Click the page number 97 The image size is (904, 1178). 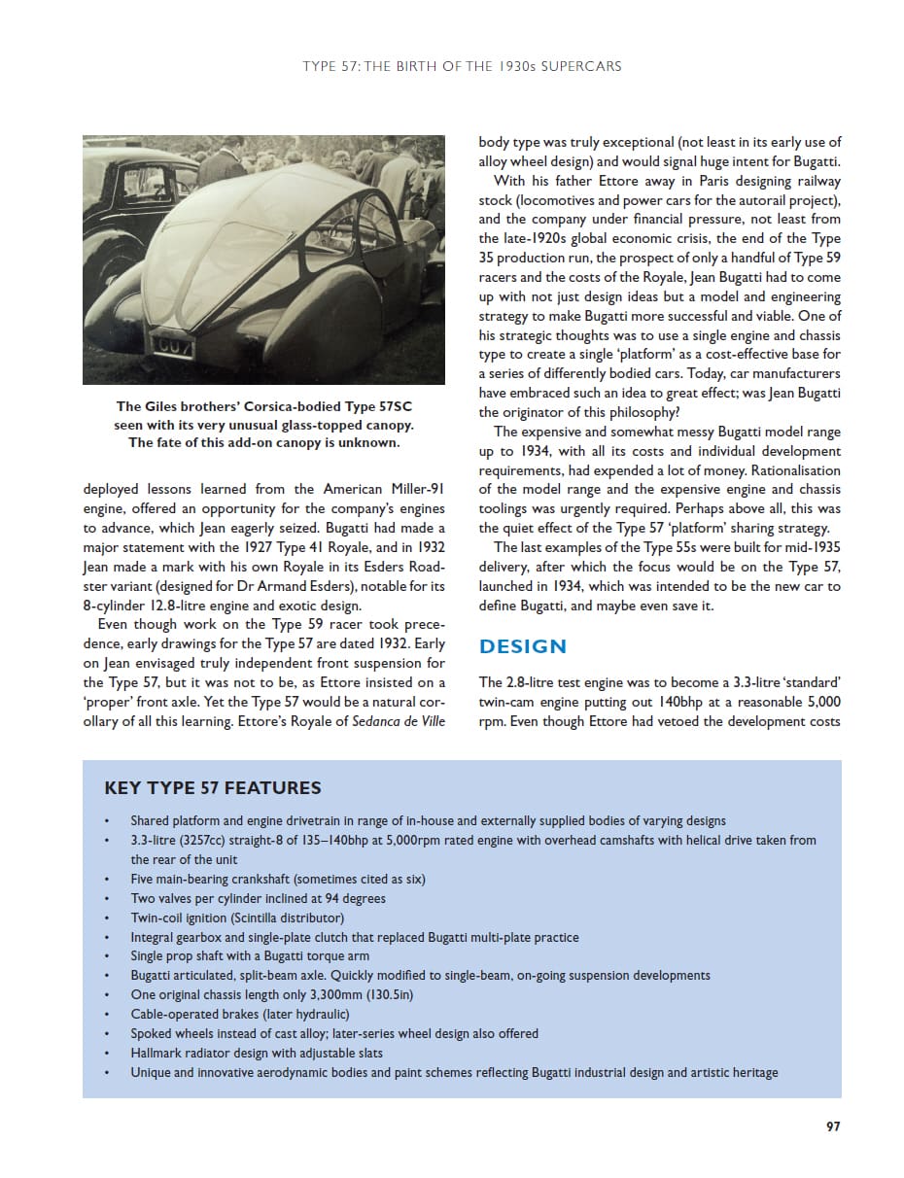(832, 1126)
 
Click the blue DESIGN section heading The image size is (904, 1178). (523, 646)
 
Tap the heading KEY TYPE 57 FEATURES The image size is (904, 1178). (212, 788)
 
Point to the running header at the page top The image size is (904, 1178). (462, 67)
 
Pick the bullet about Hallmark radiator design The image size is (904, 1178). (257, 1053)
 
